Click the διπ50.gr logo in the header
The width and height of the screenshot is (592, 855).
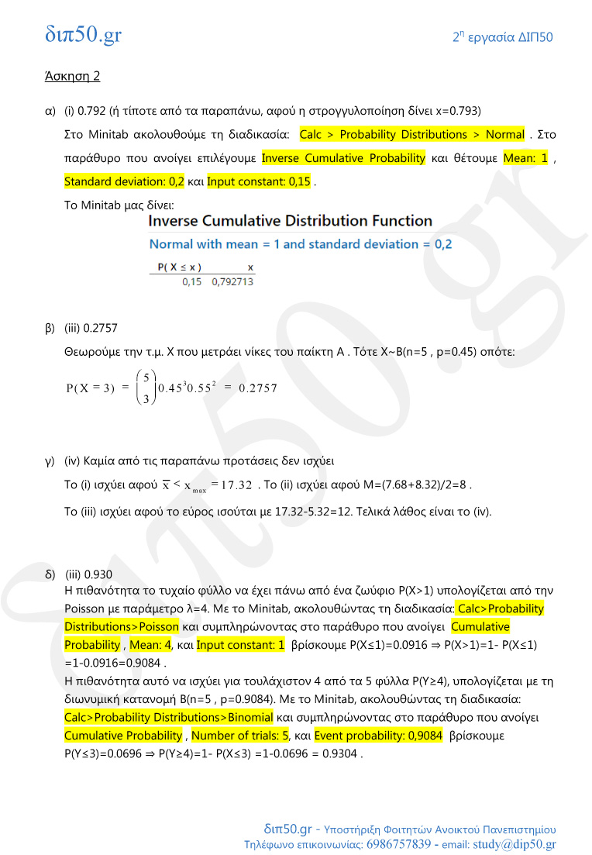tap(83, 35)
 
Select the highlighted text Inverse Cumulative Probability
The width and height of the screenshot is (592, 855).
tap(343, 158)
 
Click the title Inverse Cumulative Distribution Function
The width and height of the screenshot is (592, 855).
tap(290, 221)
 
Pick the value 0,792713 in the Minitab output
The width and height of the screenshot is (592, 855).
tap(232, 281)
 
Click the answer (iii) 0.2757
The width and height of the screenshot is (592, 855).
tap(91, 328)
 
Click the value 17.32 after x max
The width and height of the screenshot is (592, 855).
tap(236, 485)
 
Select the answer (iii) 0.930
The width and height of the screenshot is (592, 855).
tap(89, 574)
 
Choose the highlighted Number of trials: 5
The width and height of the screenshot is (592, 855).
tap(239, 735)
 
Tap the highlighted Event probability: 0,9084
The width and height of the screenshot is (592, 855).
tap(377, 735)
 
